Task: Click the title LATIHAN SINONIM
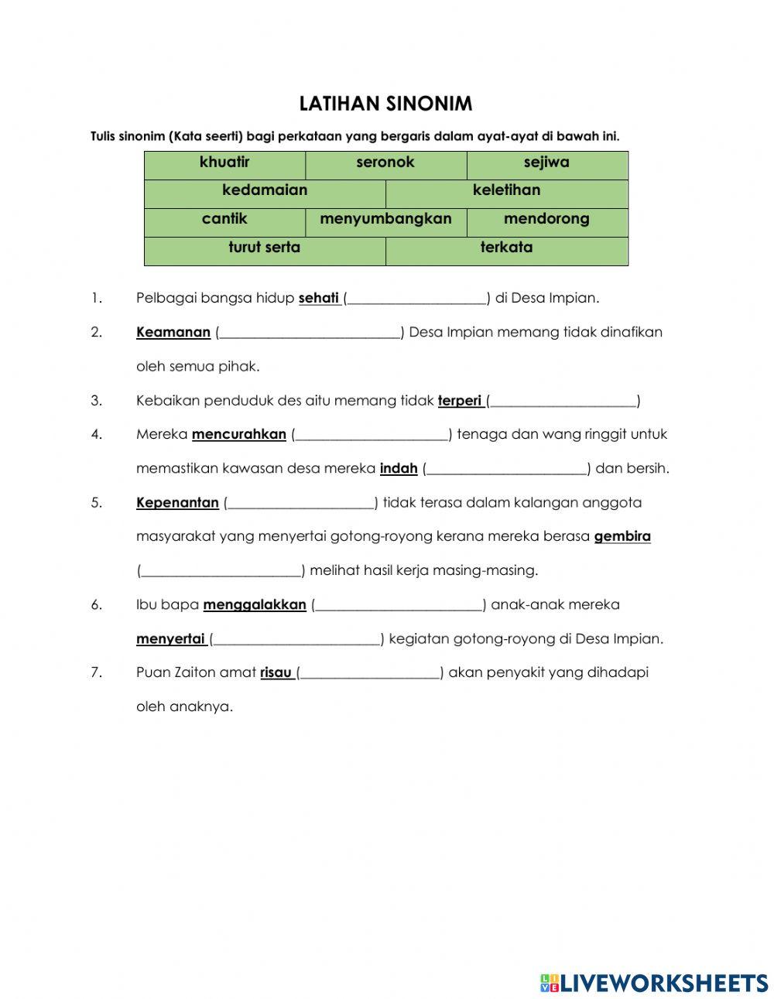click(385, 104)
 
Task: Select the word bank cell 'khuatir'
click(224, 163)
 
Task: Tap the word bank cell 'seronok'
click(385, 163)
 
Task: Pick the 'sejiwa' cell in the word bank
click(546, 163)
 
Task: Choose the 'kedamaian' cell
click(265, 191)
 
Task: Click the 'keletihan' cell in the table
click(506, 191)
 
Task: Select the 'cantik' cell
click(224, 220)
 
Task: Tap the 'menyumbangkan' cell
click(385, 220)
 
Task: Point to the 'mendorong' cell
click(546, 220)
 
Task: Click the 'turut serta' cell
click(265, 248)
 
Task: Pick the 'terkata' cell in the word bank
click(506, 248)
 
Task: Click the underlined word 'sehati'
click(319, 298)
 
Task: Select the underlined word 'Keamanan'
click(173, 332)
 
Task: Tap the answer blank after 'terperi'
click(563, 401)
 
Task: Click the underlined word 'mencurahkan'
click(239, 434)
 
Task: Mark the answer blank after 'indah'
click(507, 468)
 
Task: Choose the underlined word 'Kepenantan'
click(177, 502)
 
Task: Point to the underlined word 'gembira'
click(622, 536)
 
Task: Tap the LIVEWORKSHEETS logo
click(654, 983)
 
